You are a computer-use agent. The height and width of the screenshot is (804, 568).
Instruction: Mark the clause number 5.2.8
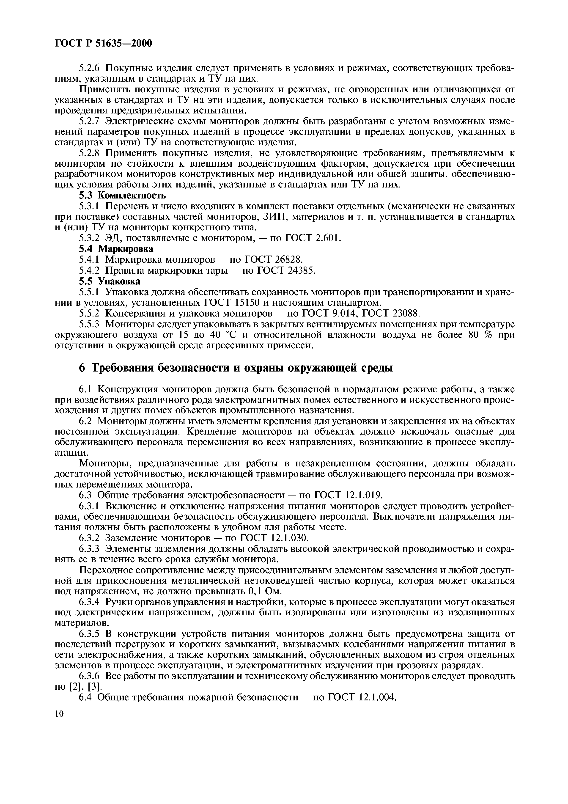coord(90,153)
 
